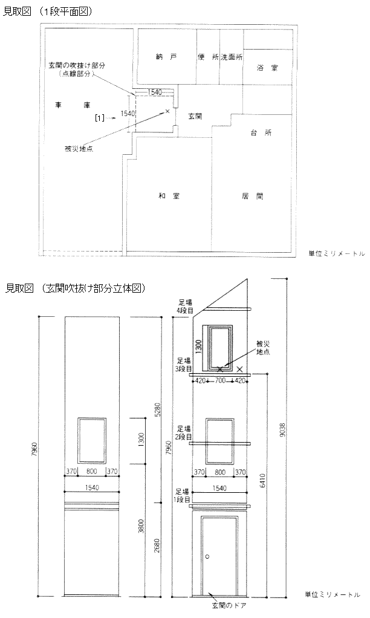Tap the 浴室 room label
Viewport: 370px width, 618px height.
tap(268, 68)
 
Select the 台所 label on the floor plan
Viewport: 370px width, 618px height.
tap(261, 133)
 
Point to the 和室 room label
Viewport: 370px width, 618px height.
tap(169, 196)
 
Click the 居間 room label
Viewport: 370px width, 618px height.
tap(253, 196)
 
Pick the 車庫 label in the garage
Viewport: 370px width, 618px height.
tap(73, 105)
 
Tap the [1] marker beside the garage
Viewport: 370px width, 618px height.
tap(100, 117)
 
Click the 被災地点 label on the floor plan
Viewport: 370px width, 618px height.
tap(79, 149)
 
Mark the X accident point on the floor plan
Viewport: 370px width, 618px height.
tap(167, 111)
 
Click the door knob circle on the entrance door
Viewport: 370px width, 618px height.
tap(207, 557)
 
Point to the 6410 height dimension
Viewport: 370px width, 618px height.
tap(262, 480)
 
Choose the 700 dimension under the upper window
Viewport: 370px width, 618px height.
tap(220, 381)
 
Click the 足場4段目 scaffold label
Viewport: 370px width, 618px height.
tap(185, 306)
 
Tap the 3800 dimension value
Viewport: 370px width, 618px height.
tap(141, 527)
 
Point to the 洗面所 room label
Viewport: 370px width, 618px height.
tap(232, 57)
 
